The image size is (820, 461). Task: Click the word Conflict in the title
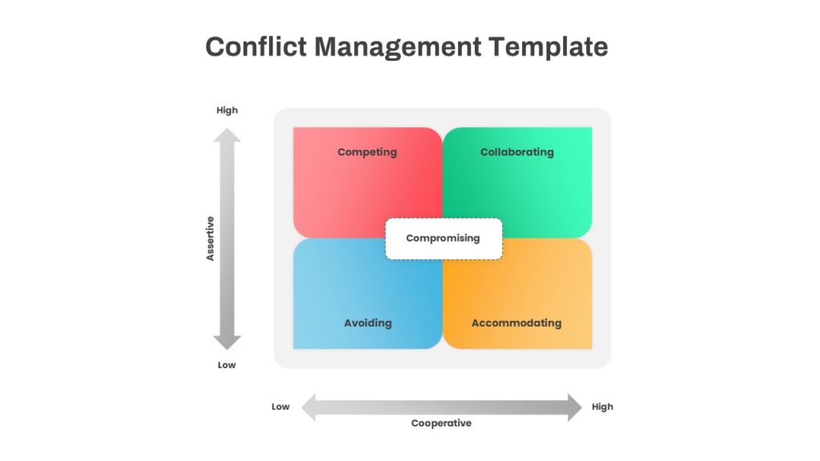click(x=255, y=46)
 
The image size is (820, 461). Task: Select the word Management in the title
click(x=397, y=48)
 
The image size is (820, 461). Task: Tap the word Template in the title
click(x=548, y=48)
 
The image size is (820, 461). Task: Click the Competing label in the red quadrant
click(x=367, y=152)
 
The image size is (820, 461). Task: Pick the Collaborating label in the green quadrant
click(x=517, y=152)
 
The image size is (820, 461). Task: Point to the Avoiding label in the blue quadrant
click(x=368, y=323)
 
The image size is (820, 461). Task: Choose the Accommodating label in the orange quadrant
click(x=517, y=323)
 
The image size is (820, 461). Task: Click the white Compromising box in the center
click(x=444, y=239)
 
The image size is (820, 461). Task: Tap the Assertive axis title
click(x=211, y=239)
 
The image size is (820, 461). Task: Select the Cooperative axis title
click(x=441, y=423)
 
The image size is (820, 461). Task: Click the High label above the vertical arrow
click(x=227, y=110)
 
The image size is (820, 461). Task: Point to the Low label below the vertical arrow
click(x=227, y=365)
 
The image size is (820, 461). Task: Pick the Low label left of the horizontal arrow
click(x=280, y=407)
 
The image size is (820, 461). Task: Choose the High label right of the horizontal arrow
click(x=602, y=407)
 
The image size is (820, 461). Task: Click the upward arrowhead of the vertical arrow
click(x=227, y=135)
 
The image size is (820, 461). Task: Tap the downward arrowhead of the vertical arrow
click(x=227, y=343)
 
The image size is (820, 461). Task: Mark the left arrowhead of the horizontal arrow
click(x=308, y=407)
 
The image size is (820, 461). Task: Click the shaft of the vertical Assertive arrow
click(x=227, y=239)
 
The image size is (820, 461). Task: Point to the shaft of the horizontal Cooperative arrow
click(x=442, y=407)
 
